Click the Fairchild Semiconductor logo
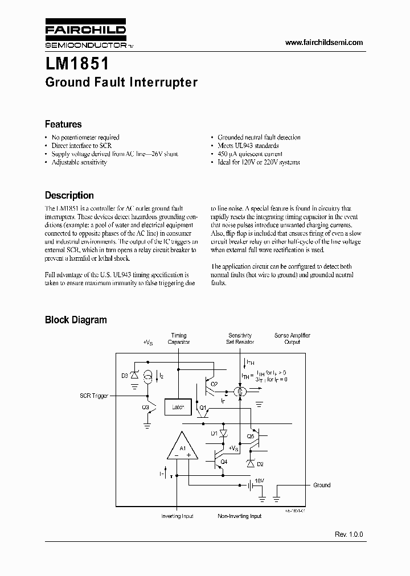(85, 35)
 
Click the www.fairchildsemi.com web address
(323, 43)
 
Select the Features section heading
(63, 124)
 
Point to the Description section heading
(69, 195)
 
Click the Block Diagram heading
(76, 320)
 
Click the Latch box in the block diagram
(178, 407)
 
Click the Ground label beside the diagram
(322, 485)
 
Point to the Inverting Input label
(178, 516)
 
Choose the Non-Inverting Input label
(240, 516)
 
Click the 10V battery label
(259, 480)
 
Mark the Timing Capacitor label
(179, 339)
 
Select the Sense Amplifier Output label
(292, 339)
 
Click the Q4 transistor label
(224, 462)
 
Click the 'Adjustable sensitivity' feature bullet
(79, 162)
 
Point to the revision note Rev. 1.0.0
(348, 535)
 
